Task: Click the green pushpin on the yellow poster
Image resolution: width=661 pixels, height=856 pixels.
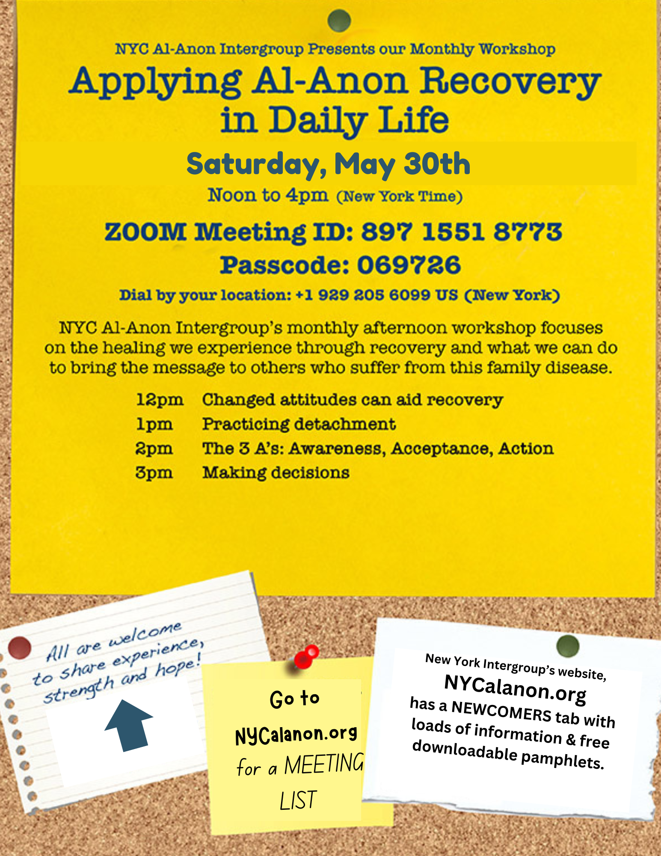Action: pos(339,21)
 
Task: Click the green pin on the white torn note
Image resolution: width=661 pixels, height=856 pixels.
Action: pos(568,646)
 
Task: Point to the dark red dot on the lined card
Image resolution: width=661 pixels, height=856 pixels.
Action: pos(19,648)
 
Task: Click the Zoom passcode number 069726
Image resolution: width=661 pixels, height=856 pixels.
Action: pos(409,265)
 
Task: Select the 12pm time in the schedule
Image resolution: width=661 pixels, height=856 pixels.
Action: pos(160,400)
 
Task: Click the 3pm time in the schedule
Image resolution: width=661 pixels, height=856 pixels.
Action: pos(154,473)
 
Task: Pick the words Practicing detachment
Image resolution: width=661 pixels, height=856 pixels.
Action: pos(299,424)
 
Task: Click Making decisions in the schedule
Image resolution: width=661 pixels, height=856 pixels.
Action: pos(276,473)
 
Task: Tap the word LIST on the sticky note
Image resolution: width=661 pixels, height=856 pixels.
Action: pos(298,800)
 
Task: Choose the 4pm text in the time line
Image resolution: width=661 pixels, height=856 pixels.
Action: pos(307,195)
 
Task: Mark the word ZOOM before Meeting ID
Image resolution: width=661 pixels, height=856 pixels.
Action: pos(145,232)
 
